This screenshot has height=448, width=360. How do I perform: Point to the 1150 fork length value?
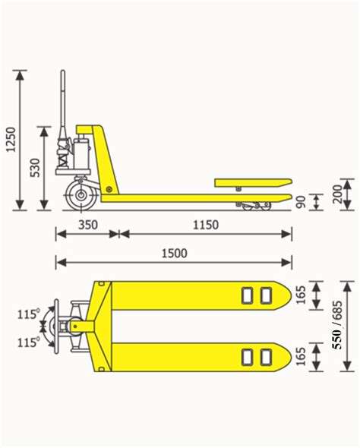click(205, 225)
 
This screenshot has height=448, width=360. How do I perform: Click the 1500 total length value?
click(174, 254)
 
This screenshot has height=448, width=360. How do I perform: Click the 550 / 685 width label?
click(338, 327)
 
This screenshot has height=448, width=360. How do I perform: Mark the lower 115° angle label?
click(28, 342)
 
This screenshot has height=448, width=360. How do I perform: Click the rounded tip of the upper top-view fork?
click(284, 295)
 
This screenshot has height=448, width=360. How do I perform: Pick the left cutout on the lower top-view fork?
click(248, 356)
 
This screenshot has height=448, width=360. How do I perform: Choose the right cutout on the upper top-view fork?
click(264, 295)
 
